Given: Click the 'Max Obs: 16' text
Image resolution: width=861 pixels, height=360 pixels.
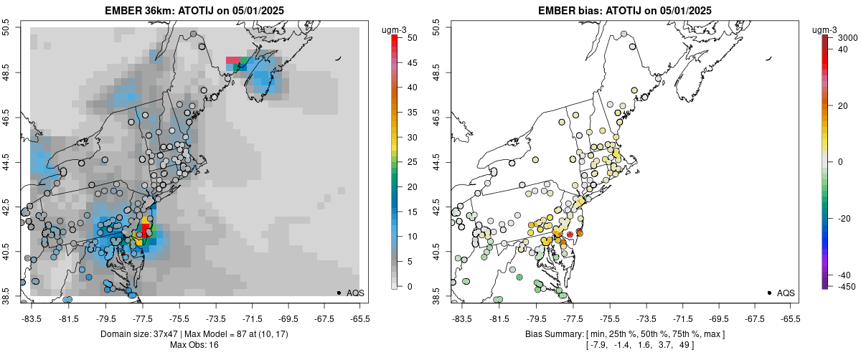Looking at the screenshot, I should pos(194,345).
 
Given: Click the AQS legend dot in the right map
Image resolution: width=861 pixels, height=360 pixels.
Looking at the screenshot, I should pos(768,293).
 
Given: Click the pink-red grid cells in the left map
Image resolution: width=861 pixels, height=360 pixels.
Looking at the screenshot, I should pos(233,61).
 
